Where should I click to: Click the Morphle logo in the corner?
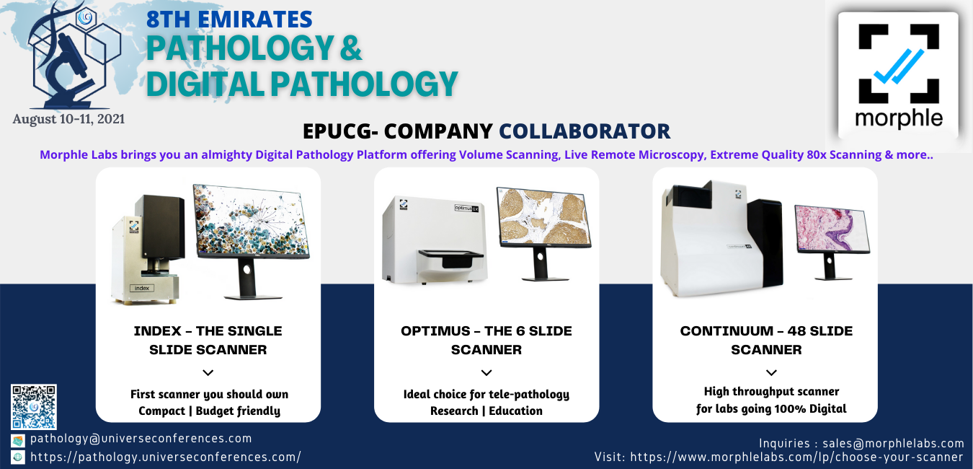(x=898, y=76)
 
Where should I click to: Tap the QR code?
(x=34, y=407)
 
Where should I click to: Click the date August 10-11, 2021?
(x=68, y=118)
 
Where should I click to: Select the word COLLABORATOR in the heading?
(x=585, y=131)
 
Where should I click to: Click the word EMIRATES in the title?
(x=255, y=19)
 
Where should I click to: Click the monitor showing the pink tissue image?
(x=832, y=242)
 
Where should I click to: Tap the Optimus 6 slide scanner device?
(x=434, y=240)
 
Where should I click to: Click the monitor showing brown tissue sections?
(x=544, y=233)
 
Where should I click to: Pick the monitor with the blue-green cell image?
(x=251, y=242)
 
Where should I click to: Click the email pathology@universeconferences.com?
(x=141, y=438)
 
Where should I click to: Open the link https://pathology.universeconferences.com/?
(x=166, y=457)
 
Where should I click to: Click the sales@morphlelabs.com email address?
(x=893, y=443)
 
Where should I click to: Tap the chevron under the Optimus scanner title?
(x=487, y=372)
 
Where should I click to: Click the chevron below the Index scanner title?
(x=208, y=372)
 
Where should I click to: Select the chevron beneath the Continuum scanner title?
(x=771, y=372)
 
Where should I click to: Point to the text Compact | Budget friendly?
(x=209, y=411)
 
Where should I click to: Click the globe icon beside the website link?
(x=18, y=457)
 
